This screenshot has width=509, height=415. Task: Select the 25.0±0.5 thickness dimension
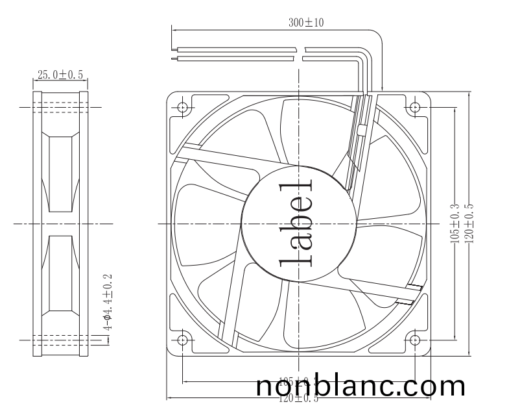click(x=60, y=75)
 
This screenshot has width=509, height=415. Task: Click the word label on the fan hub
click(x=298, y=223)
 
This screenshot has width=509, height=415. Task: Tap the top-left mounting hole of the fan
click(x=182, y=107)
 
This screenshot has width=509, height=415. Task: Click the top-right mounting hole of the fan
click(x=415, y=107)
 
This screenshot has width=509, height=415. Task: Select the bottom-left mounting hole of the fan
click(x=182, y=340)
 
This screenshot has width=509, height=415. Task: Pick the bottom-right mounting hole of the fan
click(x=415, y=340)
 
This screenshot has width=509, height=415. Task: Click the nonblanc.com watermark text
click(x=361, y=386)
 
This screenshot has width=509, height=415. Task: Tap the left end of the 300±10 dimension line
click(x=171, y=29)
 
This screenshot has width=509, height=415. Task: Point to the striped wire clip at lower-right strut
click(x=412, y=294)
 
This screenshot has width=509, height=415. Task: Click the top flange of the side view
click(x=60, y=95)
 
